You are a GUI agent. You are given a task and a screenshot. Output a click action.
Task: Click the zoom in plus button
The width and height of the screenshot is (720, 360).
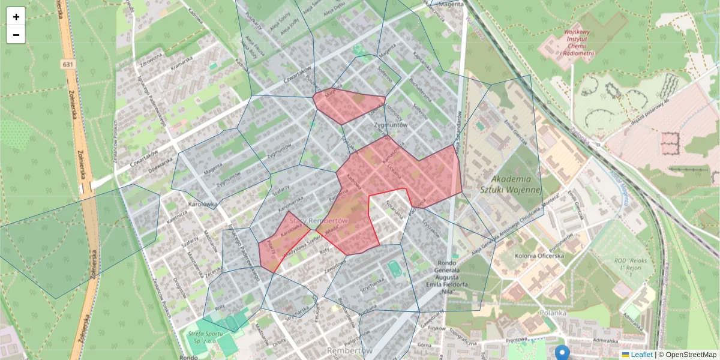16,17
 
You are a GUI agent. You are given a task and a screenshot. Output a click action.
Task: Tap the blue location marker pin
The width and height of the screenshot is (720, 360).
562,352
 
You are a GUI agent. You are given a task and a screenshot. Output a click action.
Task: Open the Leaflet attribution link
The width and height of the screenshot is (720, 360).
641,355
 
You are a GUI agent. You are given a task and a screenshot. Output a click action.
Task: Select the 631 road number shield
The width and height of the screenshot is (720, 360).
67,64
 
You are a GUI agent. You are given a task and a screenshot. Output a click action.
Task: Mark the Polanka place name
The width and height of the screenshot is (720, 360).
553,313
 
